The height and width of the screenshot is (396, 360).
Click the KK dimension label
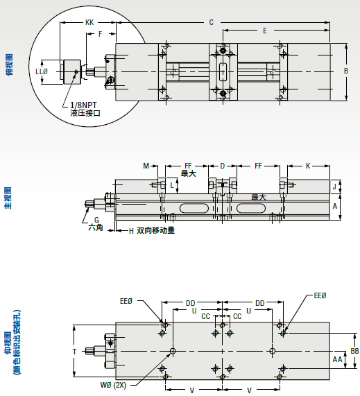pyautogui.click(x=89, y=22)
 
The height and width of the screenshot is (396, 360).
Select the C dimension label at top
pyautogui.click(x=212, y=22)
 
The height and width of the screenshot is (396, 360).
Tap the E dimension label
pyautogui.click(x=265, y=31)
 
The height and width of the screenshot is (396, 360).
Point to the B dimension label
pyautogui.click(x=346, y=71)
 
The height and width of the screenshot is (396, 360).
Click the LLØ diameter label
pyautogui.click(x=42, y=71)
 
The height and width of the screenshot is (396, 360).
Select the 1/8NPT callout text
pyautogui.click(x=83, y=105)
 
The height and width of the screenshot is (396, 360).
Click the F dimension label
pyautogui.click(x=101, y=34)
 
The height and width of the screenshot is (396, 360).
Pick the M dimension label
pyautogui.click(x=146, y=166)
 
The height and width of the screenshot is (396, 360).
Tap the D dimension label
pyautogui.click(x=223, y=166)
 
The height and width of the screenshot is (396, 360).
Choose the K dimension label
pyautogui.click(x=308, y=166)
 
